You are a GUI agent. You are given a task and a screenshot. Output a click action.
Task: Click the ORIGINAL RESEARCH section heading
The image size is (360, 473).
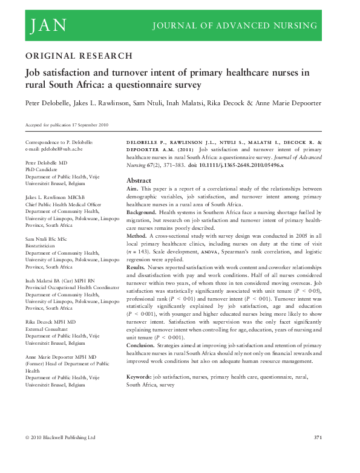pos(79,56)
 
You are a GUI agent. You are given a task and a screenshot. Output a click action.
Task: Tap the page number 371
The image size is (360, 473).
pos(321,437)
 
